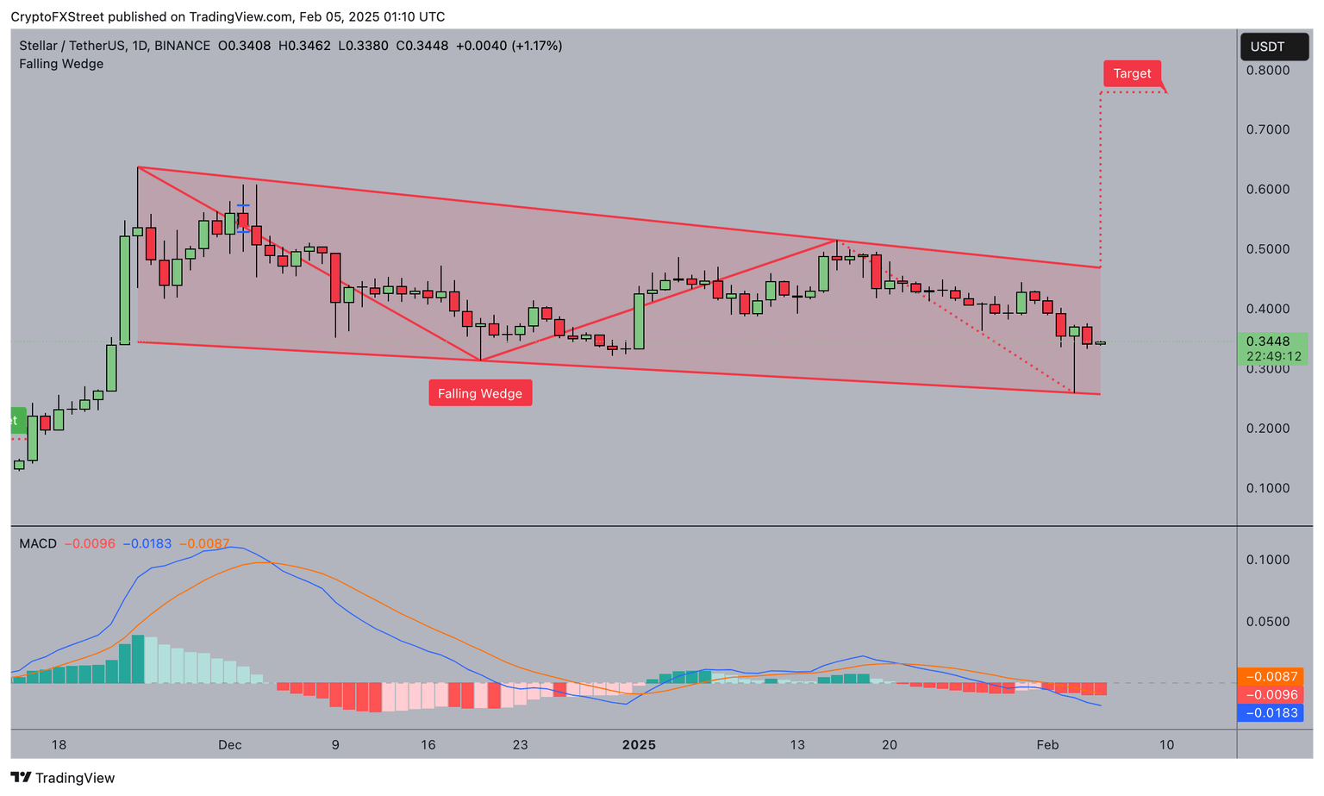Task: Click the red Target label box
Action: tap(1132, 74)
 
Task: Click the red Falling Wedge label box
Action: tap(480, 393)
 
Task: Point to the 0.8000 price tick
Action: tap(1267, 70)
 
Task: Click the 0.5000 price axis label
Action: tap(1267, 249)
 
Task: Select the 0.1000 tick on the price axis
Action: tap(1267, 488)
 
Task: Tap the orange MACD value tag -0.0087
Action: tap(1270, 677)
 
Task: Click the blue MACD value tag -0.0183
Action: tap(1270, 713)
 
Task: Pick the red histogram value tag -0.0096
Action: tap(1270, 695)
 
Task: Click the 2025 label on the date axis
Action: tap(639, 745)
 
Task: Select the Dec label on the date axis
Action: tap(229, 745)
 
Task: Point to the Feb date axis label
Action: tap(1047, 745)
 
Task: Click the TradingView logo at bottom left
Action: tap(63, 778)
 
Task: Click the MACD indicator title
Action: tap(38, 544)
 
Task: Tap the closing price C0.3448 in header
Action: tap(422, 46)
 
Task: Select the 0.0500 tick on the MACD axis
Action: tap(1267, 622)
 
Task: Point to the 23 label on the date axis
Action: tap(519, 745)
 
